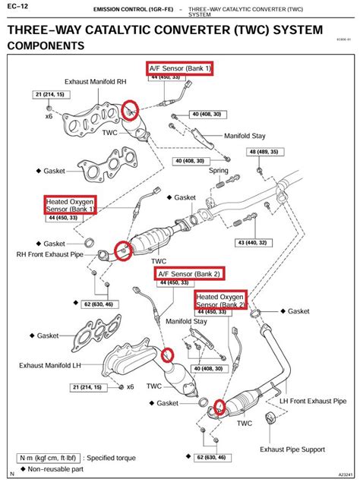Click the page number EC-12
[x=18, y=6]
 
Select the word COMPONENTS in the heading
[x=57, y=46]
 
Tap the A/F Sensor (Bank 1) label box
[x=181, y=68]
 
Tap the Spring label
[x=219, y=172]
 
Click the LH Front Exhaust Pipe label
[x=311, y=400]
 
